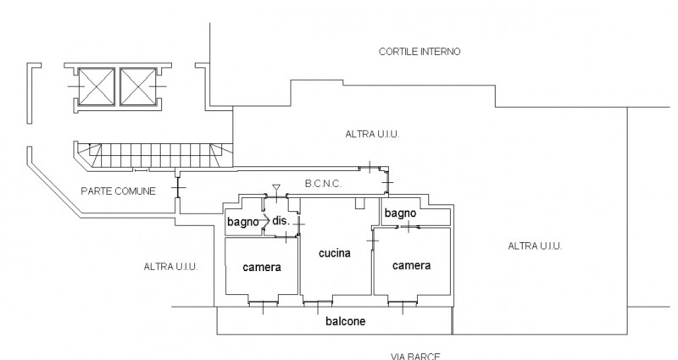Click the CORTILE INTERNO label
[419, 52]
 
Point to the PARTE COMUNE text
[118, 191]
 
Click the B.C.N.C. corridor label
[322, 183]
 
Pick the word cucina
[334, 253]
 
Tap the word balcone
[346, 322]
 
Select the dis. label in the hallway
[281, 220]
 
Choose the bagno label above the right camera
[399, 213]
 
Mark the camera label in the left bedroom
[262, 268]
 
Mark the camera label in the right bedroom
[411, 265]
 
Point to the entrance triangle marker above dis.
[276, 188]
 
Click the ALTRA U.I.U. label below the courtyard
[373, 135]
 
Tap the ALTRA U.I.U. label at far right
[535, 246]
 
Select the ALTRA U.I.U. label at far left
[170, 267]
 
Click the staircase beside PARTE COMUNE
[153, 155]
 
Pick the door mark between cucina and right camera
[372, 242]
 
